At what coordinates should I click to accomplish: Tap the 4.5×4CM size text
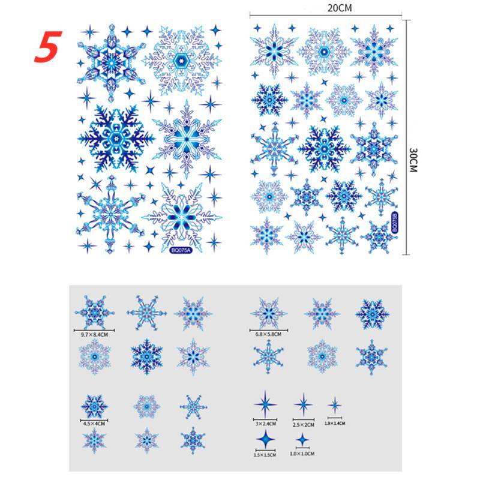94,424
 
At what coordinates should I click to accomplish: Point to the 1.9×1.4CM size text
335,423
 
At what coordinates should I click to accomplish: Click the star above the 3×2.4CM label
264,403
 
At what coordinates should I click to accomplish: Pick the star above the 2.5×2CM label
303,403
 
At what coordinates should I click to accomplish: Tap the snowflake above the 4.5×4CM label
94,406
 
